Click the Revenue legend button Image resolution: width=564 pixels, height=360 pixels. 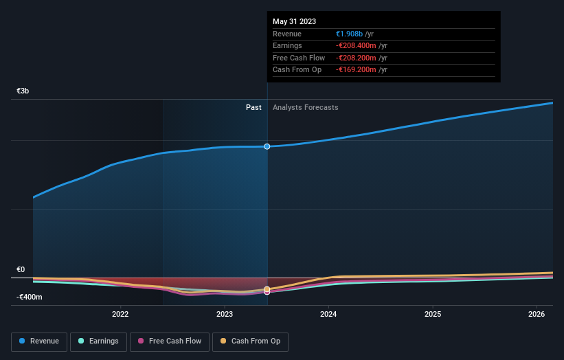[x=39, y=341]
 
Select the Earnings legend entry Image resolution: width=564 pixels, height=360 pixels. [x=98, y=341]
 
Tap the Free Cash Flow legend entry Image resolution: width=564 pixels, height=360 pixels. [x=170, y=341]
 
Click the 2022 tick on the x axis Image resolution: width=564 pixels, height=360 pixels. [x=120, y=315]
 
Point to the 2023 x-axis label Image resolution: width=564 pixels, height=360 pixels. [x=225, y=315]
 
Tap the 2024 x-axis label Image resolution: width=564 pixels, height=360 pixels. [x=328, y=315]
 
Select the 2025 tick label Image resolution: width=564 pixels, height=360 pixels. [x=433, y=315]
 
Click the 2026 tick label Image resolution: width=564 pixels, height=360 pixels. [x=537, y=315]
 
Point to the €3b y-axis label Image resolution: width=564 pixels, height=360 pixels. [x=23, y=91]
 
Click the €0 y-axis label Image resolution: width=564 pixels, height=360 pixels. [x=21, y=269]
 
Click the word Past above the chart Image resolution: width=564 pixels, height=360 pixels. [x=253, y=107]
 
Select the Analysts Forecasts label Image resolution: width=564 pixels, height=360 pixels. [x=305, y=107]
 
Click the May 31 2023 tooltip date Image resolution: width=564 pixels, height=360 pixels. [x=294, y=21]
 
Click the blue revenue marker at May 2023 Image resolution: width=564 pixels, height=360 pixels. [x=267, y=146]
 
